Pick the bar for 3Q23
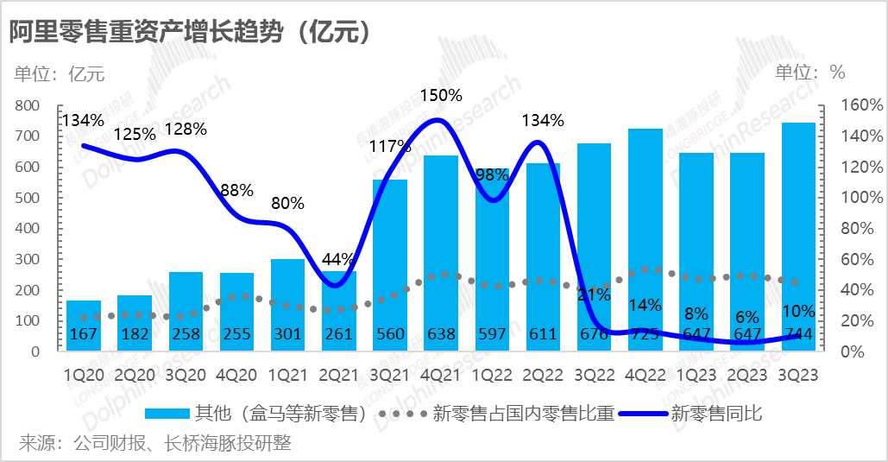[x=798, y=237]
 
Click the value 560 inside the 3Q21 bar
[x=390, y=333]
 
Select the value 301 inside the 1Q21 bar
[x=287, y=333]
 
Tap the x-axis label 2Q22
[x=543, y=376]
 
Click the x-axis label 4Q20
[x=236, y=376]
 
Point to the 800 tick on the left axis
[x=28, y=105]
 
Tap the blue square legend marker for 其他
[x=167, y=414]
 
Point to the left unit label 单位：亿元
[x=59, y=73]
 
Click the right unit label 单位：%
[x=809, y=72]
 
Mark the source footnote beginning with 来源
[x=155, y=444]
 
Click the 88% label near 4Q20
[x=236, y=190]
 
